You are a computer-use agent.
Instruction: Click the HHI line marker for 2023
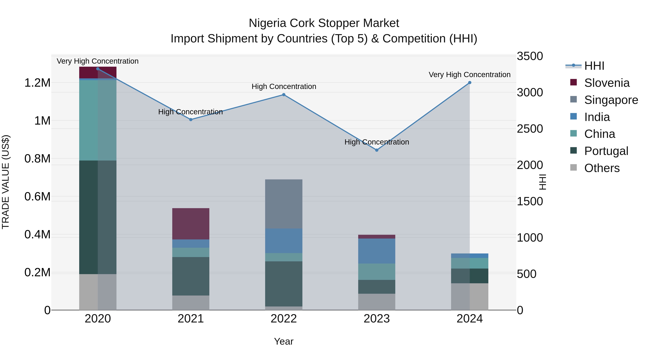point(377,150)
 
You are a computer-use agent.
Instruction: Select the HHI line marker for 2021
point(191,120)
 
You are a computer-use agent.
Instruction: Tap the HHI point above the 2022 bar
point(284,95)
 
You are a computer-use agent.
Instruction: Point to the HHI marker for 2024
point(470,83)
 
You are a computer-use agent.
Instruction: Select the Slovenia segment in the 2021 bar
point(191,224)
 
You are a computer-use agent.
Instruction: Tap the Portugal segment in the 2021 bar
point(191,276)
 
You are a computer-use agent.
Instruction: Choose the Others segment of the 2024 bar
point(470,296)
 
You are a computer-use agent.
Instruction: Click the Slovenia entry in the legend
point(606,83)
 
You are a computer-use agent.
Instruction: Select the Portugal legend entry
point(606,151)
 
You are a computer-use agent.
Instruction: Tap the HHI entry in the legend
point(594,66)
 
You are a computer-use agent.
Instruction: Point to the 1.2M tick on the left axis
point(37,83)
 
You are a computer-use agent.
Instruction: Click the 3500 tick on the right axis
point(530,56)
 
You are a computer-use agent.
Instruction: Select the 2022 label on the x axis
point(284,319)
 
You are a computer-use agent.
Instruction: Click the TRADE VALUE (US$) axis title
point(6,182)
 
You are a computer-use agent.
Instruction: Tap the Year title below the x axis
point(284,341)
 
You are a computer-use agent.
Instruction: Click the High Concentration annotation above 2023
point(377,142)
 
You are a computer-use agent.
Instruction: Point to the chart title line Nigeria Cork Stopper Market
point(324,23)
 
